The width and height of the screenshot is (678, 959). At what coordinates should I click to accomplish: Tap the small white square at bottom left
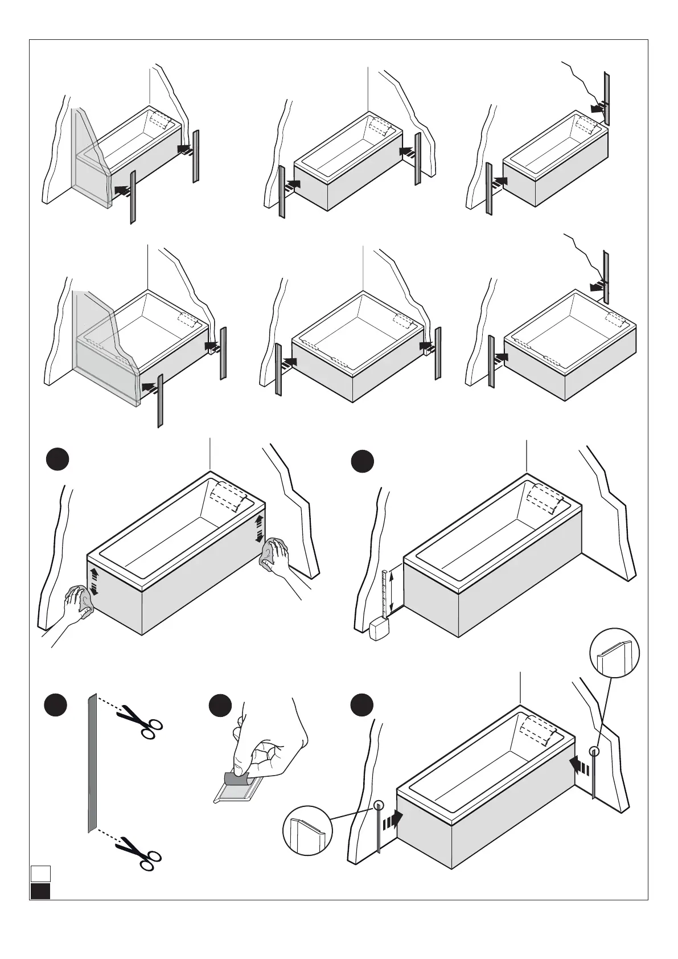coord(40,873)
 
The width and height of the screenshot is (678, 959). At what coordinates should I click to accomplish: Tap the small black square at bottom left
coord(40,891)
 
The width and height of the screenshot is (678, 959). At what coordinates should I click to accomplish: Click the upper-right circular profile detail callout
coord(615,653)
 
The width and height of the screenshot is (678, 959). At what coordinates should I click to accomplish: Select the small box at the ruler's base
coord(379,630)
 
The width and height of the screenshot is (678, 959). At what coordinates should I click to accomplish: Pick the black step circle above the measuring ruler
coord(362,461)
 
